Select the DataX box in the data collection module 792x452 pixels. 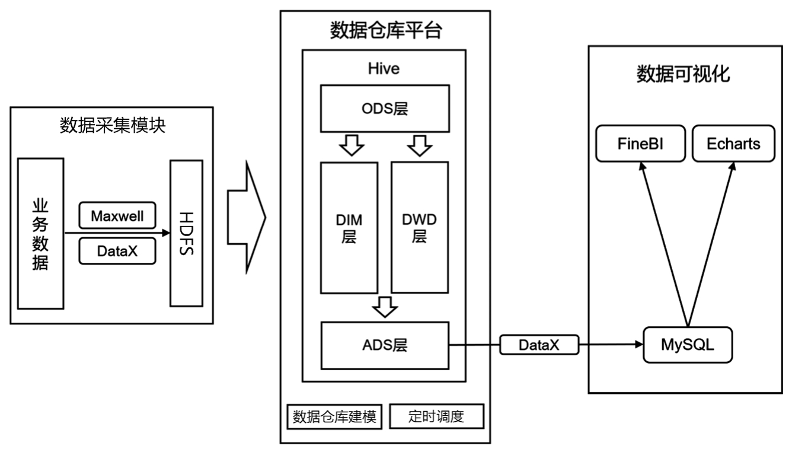pyautogui.click(x=117, y=251)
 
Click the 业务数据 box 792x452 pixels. pyautogui.click(x=40, y=233)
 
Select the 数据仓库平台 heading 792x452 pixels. pyautogui.click(x=385, y=30)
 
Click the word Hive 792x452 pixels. pyautogui.click(x=384, y=68)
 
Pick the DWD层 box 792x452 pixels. pyautogui.click(x=420, y=228)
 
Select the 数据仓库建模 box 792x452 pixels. pyautogui.click(x=335, y=416)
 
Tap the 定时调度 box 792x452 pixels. pyautogui.click(x=436, y=416)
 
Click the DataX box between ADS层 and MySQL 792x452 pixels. pyautogui.click(x=539, y=345)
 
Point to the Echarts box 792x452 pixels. pyautogui.click(x=733, y=144)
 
